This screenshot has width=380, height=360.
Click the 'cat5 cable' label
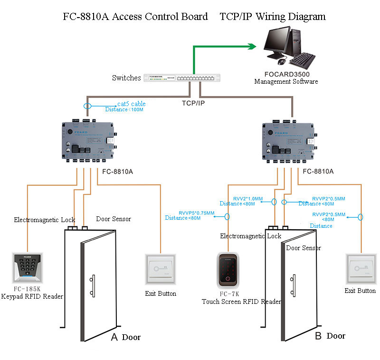pos(132,104)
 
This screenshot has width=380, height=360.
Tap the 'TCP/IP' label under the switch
pos(194,102)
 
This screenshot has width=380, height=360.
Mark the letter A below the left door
pos(114,337)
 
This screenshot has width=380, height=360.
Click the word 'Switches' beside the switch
pos(126,78)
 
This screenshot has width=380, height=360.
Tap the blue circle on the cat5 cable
pos(86,107)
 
